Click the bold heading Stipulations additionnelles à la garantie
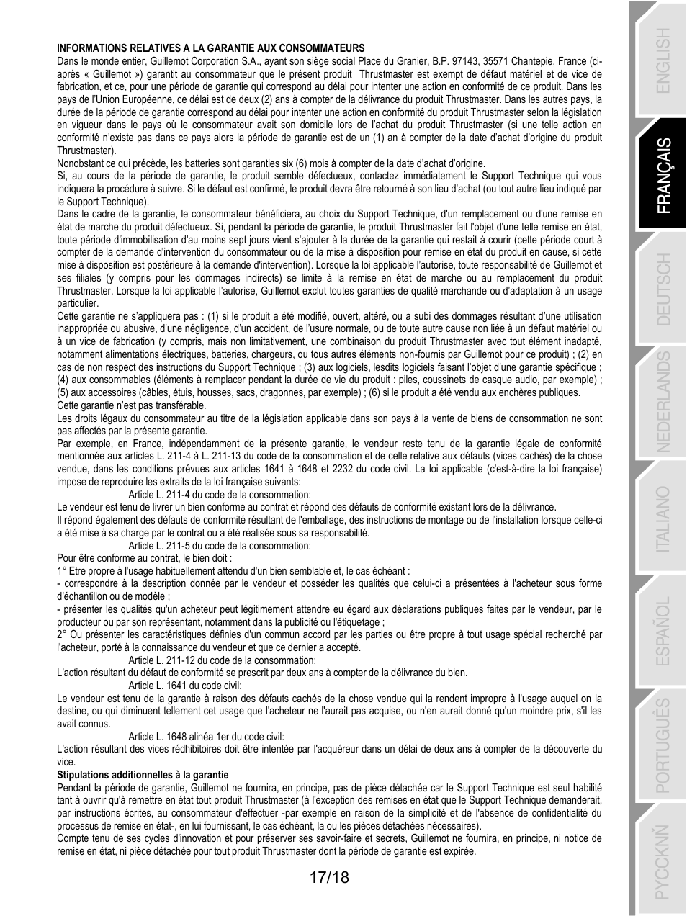[143, 775]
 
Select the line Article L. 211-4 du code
[220, 495]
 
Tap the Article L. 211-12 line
[222, 660]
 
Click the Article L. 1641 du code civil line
[185, 686]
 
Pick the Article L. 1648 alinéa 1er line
[206, 737]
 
